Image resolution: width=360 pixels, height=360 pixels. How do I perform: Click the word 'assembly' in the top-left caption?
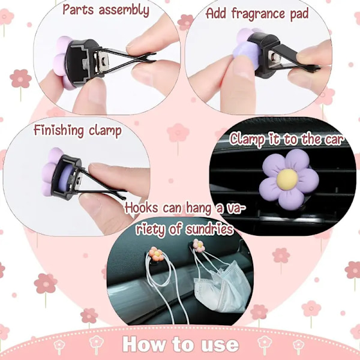124,10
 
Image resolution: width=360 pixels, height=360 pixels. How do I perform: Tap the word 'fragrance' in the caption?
259,14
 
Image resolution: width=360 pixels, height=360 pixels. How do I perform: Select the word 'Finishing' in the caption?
59,130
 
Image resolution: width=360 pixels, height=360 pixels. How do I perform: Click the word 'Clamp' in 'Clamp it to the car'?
247,140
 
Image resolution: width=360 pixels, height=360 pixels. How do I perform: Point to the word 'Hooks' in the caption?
142,208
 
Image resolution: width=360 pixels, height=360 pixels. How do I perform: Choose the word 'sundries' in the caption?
209,229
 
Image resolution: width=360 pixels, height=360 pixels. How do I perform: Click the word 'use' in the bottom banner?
220,345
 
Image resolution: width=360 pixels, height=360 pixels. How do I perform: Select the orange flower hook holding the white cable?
157,254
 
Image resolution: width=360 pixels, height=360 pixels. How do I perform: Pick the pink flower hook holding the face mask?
199,245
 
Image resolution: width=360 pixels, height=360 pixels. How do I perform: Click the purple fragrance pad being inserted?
245,55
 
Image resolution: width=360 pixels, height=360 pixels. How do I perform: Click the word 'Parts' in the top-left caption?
78,10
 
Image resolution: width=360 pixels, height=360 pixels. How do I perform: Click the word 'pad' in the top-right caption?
299,14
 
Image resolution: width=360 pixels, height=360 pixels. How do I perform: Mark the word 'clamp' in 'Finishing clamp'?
105,131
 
